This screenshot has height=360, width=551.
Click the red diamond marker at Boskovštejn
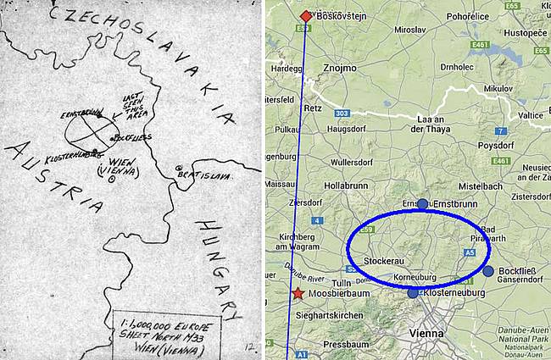point(306,16)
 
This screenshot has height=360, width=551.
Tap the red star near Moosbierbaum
point(298,294)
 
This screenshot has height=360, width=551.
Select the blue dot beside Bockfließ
point(488,270)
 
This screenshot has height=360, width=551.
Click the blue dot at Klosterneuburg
point(413,293)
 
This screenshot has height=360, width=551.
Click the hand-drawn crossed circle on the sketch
point(88,132)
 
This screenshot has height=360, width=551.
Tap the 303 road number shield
point(342,112)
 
